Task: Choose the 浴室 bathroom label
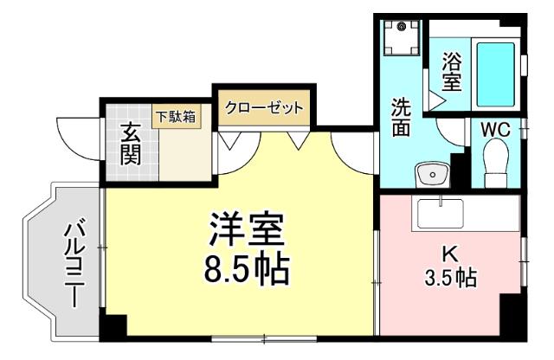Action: coord(451,73)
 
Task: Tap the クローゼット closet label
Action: coord(265,108)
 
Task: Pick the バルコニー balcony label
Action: coord(73,265)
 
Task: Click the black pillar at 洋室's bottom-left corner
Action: coord(113,328)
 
